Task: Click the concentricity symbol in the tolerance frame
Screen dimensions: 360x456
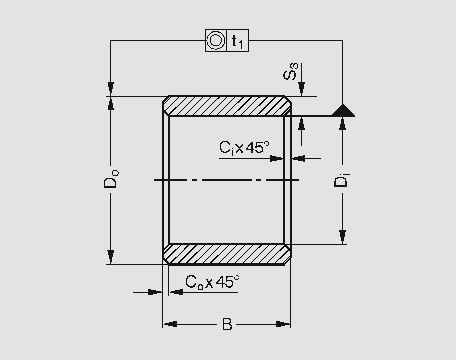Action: click(x=216, y=40)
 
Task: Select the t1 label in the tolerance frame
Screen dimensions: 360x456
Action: click(x=237, y=41)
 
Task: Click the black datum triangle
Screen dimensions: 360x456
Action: click(x=343, y=111)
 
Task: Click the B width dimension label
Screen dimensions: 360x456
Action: click(x=227, y=324)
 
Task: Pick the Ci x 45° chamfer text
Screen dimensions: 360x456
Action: click(x=244, y=148)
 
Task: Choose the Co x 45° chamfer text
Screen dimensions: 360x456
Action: click(x=212, y=282)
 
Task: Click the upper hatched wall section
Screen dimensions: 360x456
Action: click(x=226, y=106)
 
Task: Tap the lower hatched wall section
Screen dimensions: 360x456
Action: click(x=226, y=254)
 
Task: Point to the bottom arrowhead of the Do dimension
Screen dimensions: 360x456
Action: click(x=111, y=257)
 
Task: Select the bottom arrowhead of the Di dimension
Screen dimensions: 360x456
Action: click(x=343, y=237)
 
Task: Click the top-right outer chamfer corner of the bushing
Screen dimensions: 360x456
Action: click(x=288, y=99)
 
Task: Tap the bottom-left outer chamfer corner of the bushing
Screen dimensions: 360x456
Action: click(x=166, y=261)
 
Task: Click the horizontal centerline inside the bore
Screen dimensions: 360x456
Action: click(x=226, y=180)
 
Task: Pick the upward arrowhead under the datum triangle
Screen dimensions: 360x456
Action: click(x=343, y=123)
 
